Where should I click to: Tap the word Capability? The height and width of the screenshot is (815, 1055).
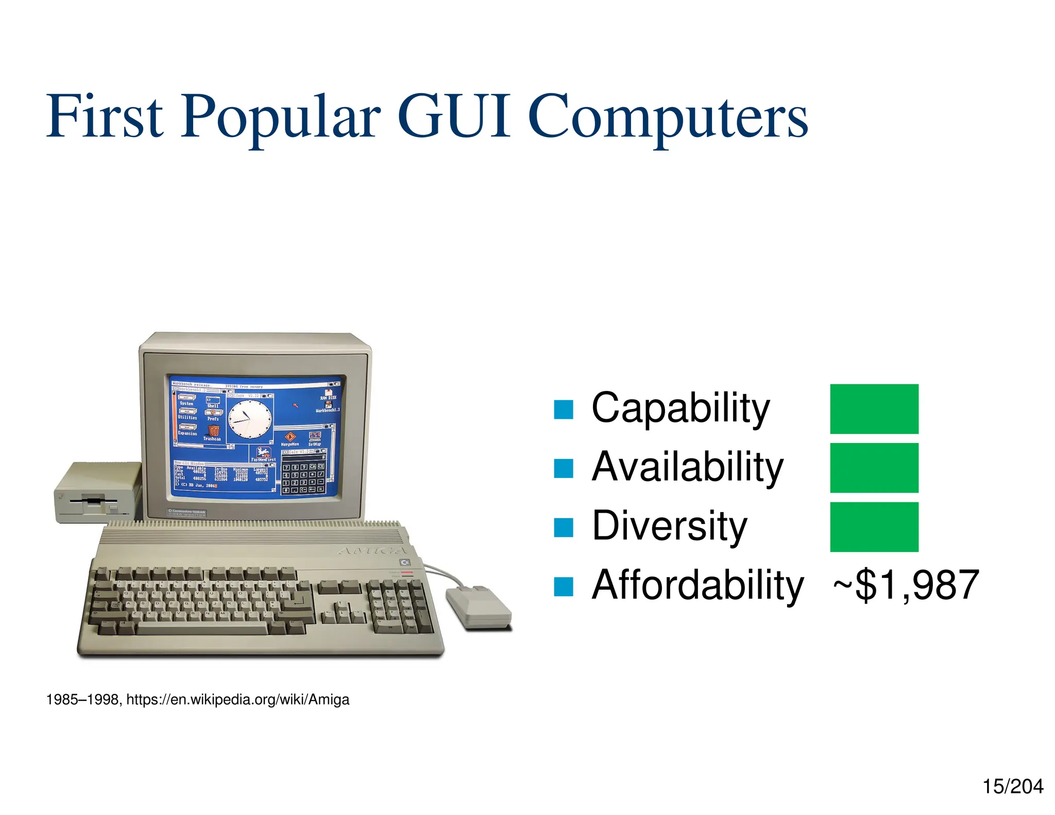[680, 408]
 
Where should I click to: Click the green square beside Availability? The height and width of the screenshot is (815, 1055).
[874, 468]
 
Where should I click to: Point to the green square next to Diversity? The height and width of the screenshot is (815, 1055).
[874, 527]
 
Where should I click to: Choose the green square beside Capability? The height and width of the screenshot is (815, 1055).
[874, 409]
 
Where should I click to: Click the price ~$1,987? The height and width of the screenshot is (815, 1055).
[906, 585]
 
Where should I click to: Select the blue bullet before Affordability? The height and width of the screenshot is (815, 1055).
[563, 586]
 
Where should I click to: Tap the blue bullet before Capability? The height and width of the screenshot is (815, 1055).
[563, 410]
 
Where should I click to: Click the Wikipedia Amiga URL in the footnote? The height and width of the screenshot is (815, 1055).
[237, 700]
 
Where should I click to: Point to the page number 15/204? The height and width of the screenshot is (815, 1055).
[1012, 787]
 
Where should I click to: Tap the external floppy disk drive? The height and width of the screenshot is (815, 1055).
[98, 493]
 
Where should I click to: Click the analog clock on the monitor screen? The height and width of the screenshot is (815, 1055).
[250, 420]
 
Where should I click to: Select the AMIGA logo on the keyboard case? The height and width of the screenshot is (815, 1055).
[372, 550]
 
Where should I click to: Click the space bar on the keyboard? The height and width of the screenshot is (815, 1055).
[202, 628]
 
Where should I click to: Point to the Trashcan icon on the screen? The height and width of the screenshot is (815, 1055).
[213, 432]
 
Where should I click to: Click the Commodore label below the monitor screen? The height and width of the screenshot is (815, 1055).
[186, 512]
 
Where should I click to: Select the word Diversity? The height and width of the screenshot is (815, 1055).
[669, 526]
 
